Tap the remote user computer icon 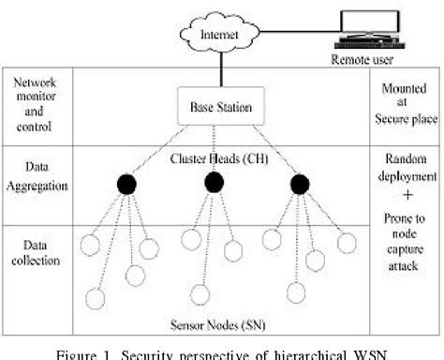tap(361, 28)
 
